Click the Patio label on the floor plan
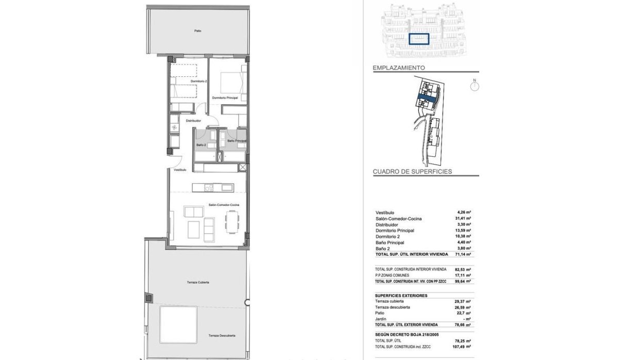click(198, 31)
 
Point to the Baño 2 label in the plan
click(201, 145)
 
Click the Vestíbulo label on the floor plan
click(180, 169)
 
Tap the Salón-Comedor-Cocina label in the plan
click(223, 205)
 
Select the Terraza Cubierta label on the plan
click(198, 283)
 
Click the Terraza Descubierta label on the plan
click(222, 335)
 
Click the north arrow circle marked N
click(475, 86)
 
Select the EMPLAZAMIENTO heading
click(399, 68)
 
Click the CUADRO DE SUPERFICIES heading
click(413, 171)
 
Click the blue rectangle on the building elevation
click(419, 39)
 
